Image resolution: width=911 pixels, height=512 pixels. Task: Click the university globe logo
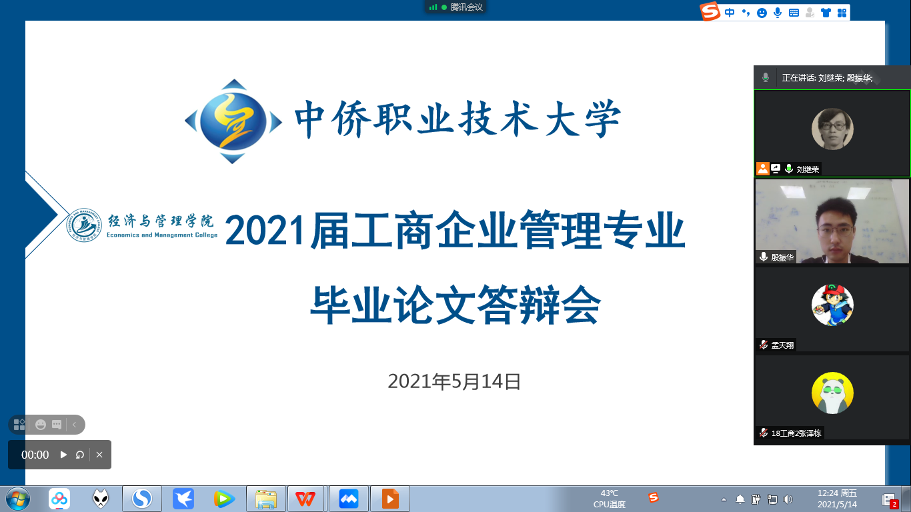(233, 121)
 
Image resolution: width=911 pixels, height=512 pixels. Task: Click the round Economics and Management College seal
(84, 225)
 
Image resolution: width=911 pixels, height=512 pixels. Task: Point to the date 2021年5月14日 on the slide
(454, 381)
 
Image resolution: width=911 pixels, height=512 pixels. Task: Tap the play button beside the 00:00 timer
(63, 455)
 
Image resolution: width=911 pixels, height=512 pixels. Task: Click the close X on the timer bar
(99, 455)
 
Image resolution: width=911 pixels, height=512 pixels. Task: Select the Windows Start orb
(17, 499)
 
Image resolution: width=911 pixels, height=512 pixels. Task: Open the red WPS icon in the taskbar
(305, 499)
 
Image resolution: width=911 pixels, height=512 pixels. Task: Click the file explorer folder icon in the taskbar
(265, 499)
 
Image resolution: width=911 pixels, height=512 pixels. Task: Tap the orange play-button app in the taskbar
(389, 499)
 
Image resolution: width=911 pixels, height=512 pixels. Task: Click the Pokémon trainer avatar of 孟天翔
(832, 305)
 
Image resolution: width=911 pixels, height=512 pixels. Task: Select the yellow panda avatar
(832, 393)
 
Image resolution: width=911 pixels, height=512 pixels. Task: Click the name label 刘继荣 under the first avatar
(807, 169)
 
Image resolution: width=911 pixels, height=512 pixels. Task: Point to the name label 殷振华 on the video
(782, 257)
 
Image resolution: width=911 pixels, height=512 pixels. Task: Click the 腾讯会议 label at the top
(466, 7)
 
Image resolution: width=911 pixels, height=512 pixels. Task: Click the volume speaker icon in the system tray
(788, 499)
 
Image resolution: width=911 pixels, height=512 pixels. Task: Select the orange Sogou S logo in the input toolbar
(710, 11)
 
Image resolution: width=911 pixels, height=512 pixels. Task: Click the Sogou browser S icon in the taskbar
(141, 499)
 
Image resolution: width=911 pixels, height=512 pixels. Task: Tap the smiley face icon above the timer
(40, 425)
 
